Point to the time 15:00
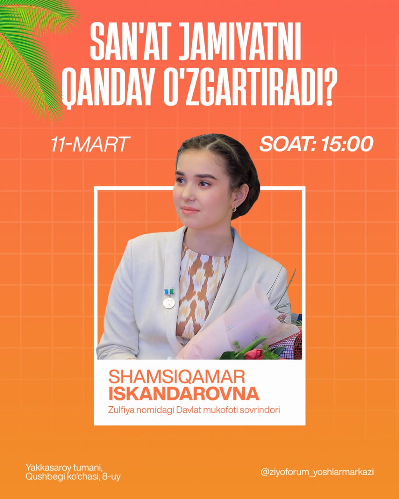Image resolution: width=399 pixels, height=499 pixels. point(347,144)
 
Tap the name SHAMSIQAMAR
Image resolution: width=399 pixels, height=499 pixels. point(177,377)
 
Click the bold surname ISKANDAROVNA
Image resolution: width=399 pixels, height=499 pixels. point(184,394)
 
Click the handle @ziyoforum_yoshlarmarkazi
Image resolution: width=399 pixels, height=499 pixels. point(317,472)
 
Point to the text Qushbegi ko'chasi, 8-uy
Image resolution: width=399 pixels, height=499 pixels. point(73,476)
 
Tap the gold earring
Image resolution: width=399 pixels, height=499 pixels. point(235,209)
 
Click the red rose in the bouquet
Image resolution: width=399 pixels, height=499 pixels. point(254,354)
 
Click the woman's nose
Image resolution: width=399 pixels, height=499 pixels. point(185,195)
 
